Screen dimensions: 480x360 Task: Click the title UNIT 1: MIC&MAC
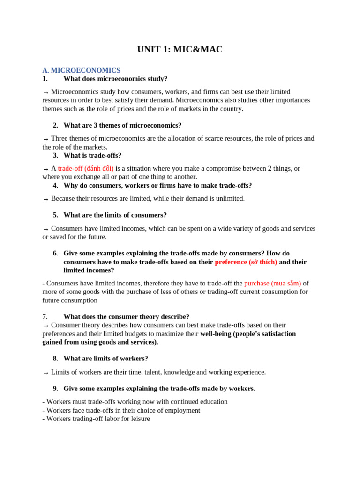point(180,50)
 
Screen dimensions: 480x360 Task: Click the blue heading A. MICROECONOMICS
point(81,70)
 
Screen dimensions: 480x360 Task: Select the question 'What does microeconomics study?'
point(115,79)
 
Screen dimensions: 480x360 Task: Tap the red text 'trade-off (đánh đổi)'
point(86,168)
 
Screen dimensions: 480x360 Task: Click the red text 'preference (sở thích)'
point(246,262)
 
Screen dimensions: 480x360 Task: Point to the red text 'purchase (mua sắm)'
point(272,283)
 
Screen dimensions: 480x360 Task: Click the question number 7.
point(45,317)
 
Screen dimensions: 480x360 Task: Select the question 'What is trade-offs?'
point(92,155)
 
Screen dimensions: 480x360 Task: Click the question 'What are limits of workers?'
point(105,359)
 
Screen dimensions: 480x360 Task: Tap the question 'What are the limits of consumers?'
point(115,215)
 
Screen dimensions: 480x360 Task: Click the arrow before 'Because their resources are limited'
point(45,199)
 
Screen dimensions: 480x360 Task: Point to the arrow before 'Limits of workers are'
point(45,373)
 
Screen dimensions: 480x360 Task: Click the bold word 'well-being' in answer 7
point(216,334)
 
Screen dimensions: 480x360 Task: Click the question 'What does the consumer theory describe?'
point(127,317)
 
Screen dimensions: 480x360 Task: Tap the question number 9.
point(55,389)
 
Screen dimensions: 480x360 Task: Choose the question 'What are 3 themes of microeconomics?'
point(122,125)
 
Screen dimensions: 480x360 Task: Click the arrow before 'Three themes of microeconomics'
point(45,139)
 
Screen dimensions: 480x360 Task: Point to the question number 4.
point(55,185)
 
